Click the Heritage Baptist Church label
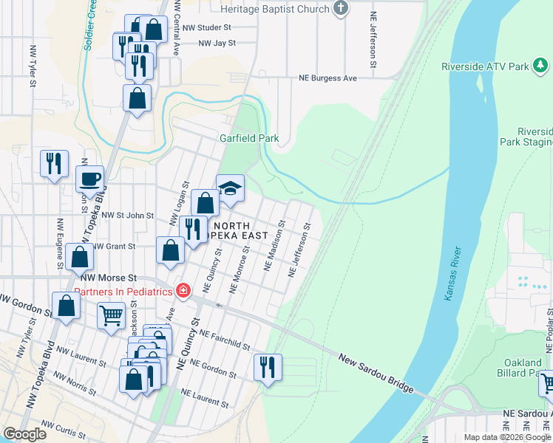point(275,9)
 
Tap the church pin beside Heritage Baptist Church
point(341,9)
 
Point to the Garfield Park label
point(238,138)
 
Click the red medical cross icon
point(182,291)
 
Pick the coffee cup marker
point(90,180)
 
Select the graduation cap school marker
point(230,188)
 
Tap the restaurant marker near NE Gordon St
point(266,366)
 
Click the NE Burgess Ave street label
point(328,78)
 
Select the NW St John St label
point(127,216)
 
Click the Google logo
point(24,434)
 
